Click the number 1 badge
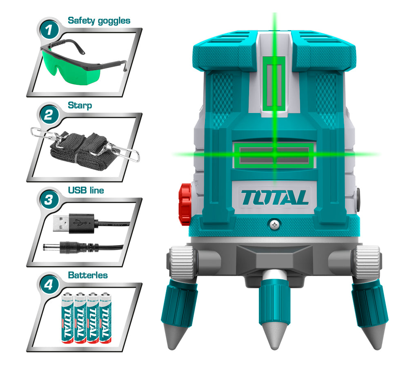[49, 30]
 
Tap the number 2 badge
[49, 115]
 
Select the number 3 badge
[49, 199]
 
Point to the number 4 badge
[49, 285]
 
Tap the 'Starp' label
[80, 105]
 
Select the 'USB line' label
[86, 190]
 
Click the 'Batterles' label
[88, 275]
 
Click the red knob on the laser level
[185, 204]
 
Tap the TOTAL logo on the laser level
[274, 198]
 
